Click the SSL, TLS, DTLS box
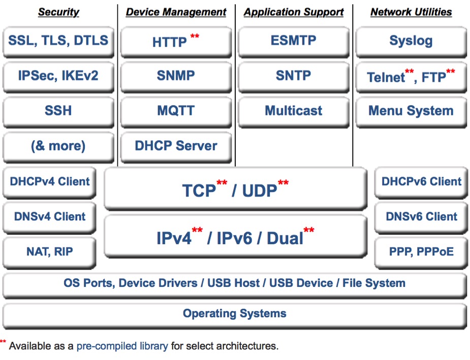coord(58,42)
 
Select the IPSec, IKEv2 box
coord(58,77)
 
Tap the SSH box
coord(58,112)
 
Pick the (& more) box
coord(58,147)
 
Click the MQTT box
coord(176,112)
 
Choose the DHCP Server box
coord(176,147)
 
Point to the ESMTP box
coord(294,42)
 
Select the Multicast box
coord(294,112)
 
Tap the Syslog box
coord(411,42)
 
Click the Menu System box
coord(411,112)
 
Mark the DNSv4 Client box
coord(49,217)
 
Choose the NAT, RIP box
coord(49,252)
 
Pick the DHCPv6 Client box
coord(421,182)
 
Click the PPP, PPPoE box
coord(421,252)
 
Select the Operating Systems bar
coord(235,316)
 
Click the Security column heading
coord(59,12)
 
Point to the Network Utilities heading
coord(411,12)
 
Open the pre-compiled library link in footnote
coord(122,346)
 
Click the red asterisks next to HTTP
coord(195,36)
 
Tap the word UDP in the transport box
coord(260,191)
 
